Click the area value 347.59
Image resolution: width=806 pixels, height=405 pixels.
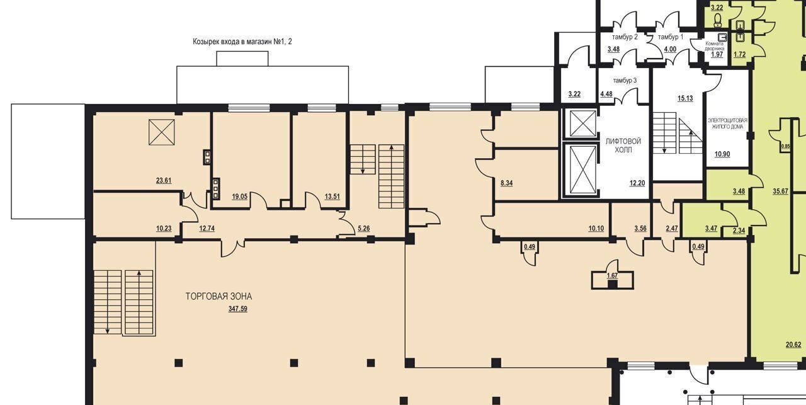click(x=238, y=309)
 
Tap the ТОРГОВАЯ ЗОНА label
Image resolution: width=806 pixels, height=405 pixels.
click(x=219, y=296)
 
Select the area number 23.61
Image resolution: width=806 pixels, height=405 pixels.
click(x=164, y=180)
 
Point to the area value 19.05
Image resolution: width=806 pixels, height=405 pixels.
click(x=240, y=197)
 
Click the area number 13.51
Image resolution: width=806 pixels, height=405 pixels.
click(x=332, y=197)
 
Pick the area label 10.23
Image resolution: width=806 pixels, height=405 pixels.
click(x=164, y=228)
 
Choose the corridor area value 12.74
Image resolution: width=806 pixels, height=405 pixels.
click(x=207, y=228)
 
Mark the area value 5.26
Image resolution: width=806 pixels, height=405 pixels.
click(x=364, y=228)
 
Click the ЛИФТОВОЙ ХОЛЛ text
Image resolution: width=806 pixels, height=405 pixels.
click(x=623, y=145)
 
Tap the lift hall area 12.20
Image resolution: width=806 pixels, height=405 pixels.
click(x=637, y=183)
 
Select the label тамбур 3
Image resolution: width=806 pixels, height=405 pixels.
click(x=625, y=80)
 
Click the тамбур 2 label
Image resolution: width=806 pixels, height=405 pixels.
click(x=625, y=37)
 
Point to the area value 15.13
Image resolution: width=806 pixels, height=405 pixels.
click(x=685, y=98)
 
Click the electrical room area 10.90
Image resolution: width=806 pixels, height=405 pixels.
click(x=722, y=154)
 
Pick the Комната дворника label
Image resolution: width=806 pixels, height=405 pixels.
click(x=715, y=46)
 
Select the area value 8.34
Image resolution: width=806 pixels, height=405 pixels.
click(x=507, y=183)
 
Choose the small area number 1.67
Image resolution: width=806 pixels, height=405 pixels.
click(x=612, y=276)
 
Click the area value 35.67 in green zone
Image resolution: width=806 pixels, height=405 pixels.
click(x=780, y=191)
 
